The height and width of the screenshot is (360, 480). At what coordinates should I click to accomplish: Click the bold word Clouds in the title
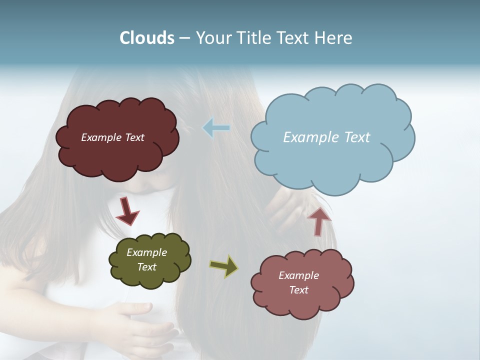[147, 38]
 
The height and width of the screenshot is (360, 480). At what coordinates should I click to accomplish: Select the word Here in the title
[333, 38]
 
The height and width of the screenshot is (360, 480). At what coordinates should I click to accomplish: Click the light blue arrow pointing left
[216, 128]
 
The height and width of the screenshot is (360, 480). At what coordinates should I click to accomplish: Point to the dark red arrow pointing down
[127, 211]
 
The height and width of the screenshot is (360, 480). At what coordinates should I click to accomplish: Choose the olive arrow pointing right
[223, 266]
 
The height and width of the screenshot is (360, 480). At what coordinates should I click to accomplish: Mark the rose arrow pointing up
[319, 221]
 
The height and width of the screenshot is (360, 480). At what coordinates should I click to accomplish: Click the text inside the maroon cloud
[112, 137]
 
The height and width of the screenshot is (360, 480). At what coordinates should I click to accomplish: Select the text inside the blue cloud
[326, 137]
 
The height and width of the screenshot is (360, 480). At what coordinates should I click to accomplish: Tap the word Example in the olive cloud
[146, 252]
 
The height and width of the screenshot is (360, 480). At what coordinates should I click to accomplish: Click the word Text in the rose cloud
[298, 290]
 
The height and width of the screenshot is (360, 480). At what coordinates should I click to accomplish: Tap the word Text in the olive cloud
[147, 267]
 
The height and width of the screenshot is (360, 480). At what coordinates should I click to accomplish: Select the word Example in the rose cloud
[298, 275]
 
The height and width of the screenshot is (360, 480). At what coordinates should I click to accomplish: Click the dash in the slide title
[185, 38]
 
